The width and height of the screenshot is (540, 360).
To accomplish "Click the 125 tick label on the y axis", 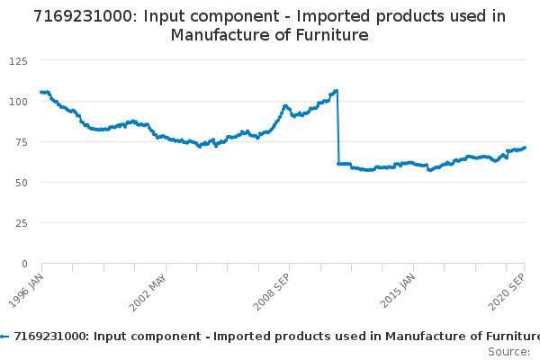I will click(x=17, y=60).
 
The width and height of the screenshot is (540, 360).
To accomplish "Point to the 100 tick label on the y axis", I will click(x=17, y=101).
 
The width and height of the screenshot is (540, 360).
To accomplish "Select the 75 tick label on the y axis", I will click(x=20, y=141).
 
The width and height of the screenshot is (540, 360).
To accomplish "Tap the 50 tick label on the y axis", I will click(x=20, y=182).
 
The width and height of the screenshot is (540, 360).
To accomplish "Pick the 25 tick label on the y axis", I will click(x=20, y=222).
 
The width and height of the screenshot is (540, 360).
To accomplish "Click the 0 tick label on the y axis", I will click(x=23, y=264).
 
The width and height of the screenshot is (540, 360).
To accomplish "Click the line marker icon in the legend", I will click(x=4, y=336).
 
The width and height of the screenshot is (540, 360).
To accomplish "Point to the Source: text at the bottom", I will click(x=508, y=351).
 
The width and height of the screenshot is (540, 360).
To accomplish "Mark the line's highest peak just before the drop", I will click(x=336, y=90).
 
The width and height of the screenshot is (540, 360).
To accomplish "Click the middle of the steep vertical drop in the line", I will click(x=337, y=127).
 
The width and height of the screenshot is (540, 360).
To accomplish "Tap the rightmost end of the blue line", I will click(x=525, y=148).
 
